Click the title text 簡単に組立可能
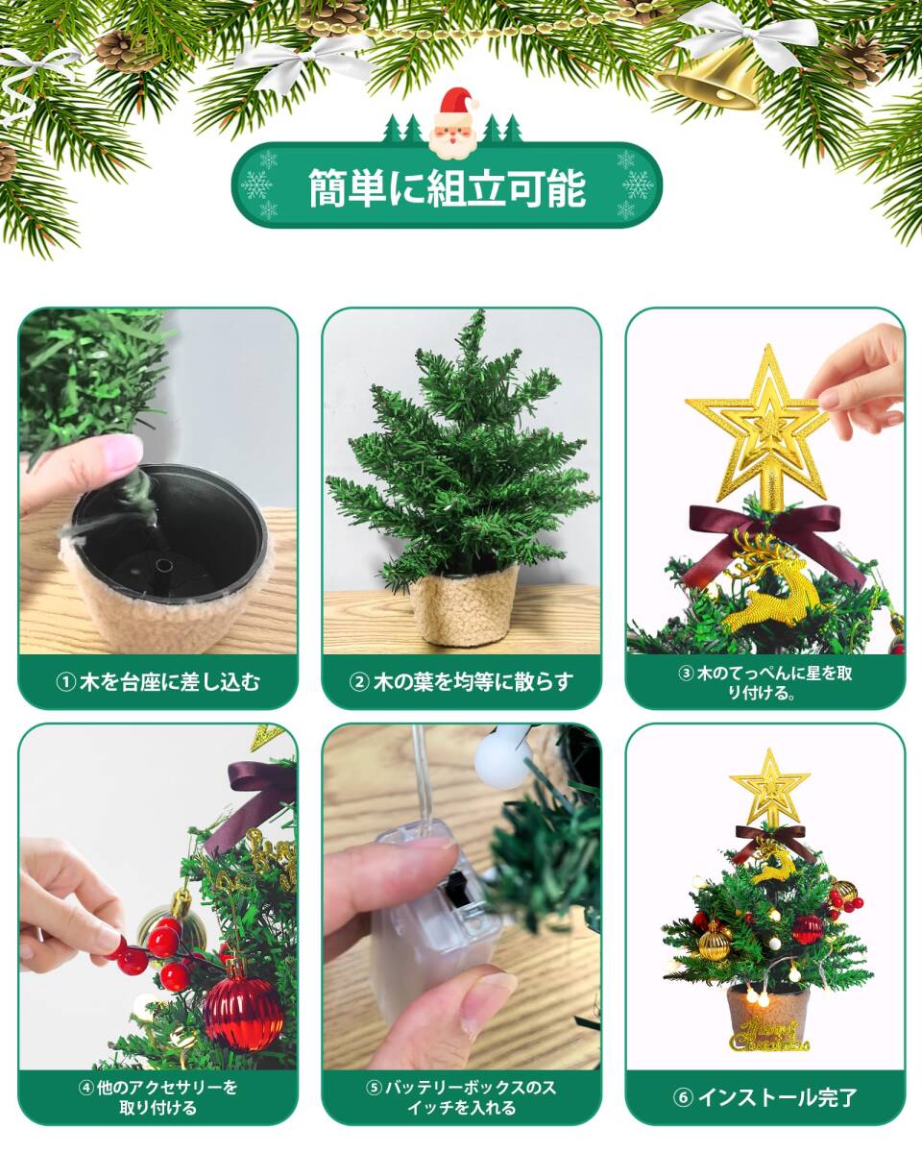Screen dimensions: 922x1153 pos(448,188)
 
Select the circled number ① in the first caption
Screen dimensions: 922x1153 pos(65,682)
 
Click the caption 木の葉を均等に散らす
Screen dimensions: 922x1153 pos(473,682)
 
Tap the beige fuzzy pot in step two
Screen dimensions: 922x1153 pos(463,605)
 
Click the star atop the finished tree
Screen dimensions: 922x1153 pos(769,789)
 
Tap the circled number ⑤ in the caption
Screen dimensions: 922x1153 pos(374,1089)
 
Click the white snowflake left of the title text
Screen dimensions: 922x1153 pos(256,185)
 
